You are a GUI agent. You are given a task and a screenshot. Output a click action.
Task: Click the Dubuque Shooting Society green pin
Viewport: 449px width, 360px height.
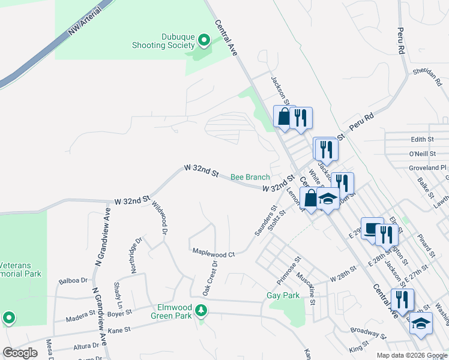click(203, 41)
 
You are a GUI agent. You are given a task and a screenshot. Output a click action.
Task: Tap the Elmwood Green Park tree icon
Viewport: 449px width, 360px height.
click(202, 310)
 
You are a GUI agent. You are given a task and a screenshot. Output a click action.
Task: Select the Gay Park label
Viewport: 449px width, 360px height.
click(283, 296)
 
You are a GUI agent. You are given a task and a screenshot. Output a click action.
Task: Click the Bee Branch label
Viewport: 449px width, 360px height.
click(250, 177)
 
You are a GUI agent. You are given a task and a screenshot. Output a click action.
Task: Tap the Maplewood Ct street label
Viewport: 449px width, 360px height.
click(213, 254)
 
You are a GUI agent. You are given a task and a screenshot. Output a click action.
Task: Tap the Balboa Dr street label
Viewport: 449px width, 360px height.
click(73, 280)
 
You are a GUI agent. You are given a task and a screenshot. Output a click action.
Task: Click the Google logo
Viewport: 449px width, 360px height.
click(20, 353)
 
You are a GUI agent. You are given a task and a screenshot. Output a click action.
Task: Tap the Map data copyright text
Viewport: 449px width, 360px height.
click(411, 355)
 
